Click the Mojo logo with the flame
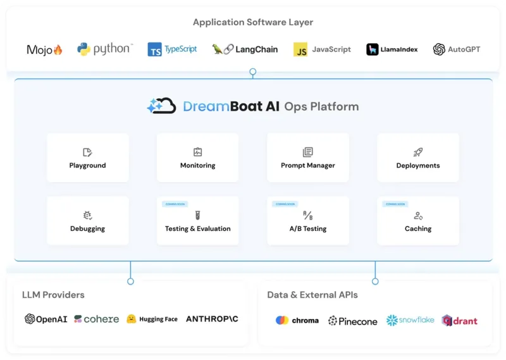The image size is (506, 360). click(45, 49)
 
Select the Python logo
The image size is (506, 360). click(105, 49)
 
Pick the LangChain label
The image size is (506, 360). click(256, 49)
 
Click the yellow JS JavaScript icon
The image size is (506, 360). click(300, 49)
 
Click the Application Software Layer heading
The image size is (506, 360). click(253, 22)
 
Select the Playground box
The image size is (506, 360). click(87, 158)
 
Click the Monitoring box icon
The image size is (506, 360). click(197, 152)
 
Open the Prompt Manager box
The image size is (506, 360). click(308, 158)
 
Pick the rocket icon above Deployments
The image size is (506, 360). click(418, 152)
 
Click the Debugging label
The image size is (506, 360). click(87, 228)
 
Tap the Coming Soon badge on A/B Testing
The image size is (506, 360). click(285, 204)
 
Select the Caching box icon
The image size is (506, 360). click(418, 216)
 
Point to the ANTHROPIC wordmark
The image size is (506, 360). click(212, 319)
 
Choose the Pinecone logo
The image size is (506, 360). click(352, 321)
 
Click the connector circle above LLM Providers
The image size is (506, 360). click(130, 281)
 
